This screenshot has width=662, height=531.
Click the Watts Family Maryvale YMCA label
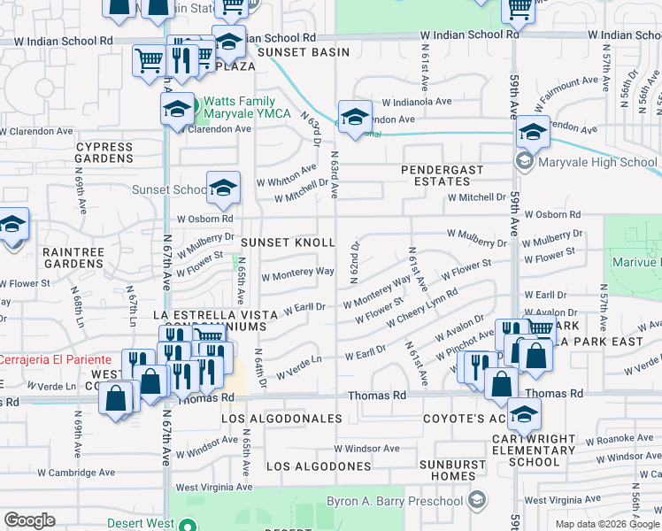pos(249,108)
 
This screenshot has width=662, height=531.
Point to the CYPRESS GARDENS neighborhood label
pos(104,152)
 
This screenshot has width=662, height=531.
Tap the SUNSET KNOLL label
pos(289,242)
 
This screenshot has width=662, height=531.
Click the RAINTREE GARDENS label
pos(73,258)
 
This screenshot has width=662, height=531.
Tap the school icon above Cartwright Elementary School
pos(525,415)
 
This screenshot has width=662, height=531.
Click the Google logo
pos(29,520)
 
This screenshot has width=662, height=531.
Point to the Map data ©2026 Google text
pos(606,524)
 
